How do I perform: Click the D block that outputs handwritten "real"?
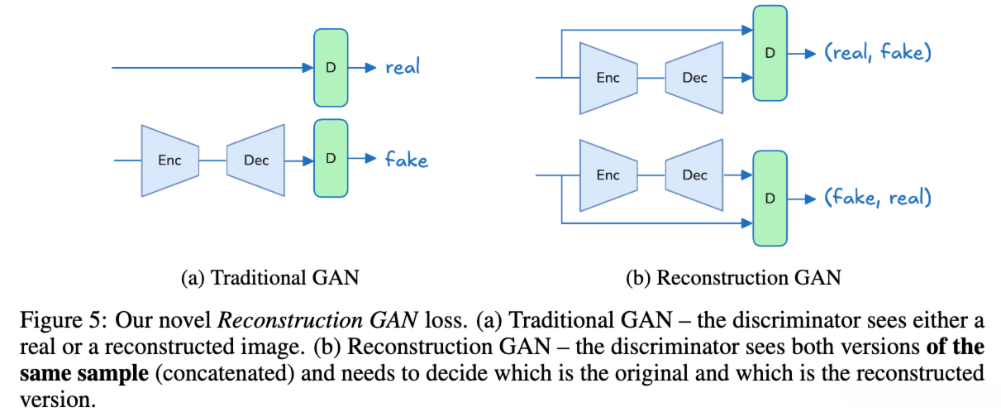(x=331, y=68)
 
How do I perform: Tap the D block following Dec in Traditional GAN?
(x=331, y=158)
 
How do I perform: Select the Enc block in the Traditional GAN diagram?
(x=169, y=160)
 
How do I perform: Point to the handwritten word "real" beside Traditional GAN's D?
(x=403, y=68)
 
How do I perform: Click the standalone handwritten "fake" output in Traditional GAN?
(x=407, y=159)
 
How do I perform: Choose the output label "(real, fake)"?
(x=878, y=54)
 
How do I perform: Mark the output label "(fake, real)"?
(x=878, y=198)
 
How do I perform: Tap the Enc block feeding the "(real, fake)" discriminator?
(x=608, y=79)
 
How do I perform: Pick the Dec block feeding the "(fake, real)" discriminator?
(x=695, y=175)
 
